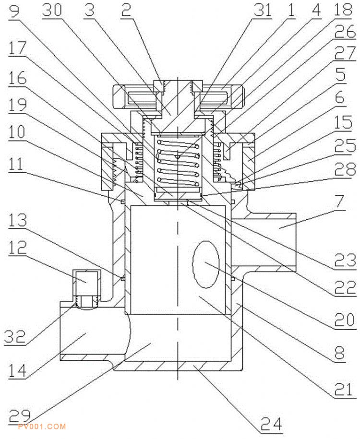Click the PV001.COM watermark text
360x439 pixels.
point(42,426)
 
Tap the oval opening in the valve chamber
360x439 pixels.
point(205,263)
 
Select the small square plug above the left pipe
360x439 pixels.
point(86,283)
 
